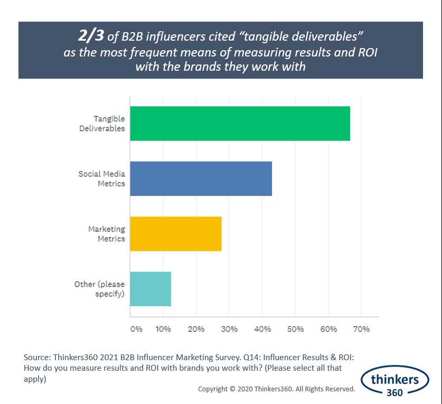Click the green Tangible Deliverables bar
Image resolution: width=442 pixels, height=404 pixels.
(x=240, y=124)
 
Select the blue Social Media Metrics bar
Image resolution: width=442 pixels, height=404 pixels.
(x=201, y=178)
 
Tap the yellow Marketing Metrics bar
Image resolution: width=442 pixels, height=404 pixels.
(x=175, y=233)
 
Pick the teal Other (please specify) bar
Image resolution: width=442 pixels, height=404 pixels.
(x=151, y=288)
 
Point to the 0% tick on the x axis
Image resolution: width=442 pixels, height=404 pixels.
(x=136, y=329)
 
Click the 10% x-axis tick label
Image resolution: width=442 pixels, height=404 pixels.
(x=163, y=329)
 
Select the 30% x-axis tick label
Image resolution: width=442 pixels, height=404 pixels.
(x=229, y=329)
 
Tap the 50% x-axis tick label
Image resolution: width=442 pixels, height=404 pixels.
(x=295, y=329)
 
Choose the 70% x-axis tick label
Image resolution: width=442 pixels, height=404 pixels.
(x=361, y=329)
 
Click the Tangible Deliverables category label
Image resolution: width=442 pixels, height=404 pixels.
(x=102, y=124)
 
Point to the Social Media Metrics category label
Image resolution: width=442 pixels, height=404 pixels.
(x=101, y=178)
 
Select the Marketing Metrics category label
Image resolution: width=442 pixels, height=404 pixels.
(x=106, y=233)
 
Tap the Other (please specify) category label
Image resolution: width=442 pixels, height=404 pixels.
(x=100, y=288)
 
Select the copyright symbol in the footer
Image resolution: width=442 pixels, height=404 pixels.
(x=232, y=389)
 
